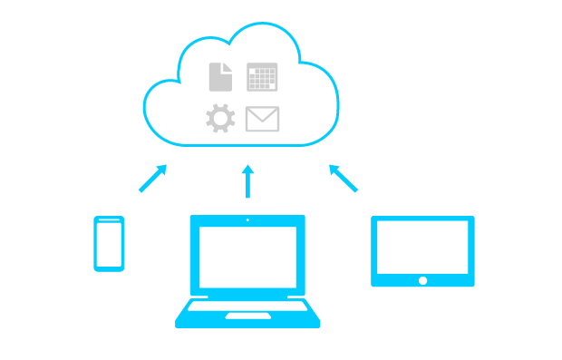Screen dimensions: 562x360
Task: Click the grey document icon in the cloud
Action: point(220,77)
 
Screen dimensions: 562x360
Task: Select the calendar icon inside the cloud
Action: point(262,77)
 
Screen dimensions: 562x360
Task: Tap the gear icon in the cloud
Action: point(220,119)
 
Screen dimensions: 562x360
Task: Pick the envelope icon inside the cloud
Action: point(262,119)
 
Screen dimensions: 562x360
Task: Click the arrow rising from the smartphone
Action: point(152,178)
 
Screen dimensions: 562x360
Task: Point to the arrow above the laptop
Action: point(247,180)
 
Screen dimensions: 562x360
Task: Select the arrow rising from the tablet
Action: point(343,178)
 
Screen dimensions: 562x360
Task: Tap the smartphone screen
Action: point(109,242)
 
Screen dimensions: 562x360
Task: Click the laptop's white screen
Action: point(247,256)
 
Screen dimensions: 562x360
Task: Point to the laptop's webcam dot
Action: point(247,219)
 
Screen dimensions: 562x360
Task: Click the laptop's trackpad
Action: point(247,316)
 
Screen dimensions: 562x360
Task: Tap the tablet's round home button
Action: point(422,280)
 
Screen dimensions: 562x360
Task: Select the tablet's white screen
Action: point(422,246)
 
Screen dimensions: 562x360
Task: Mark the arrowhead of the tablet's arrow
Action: point(333,168)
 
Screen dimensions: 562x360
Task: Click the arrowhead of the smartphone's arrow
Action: point(162,168)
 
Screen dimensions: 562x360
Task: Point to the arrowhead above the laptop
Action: point(247,169)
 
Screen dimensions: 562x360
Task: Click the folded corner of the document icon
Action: point(228,66)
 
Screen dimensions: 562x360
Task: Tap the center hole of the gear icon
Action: point(220,119)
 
